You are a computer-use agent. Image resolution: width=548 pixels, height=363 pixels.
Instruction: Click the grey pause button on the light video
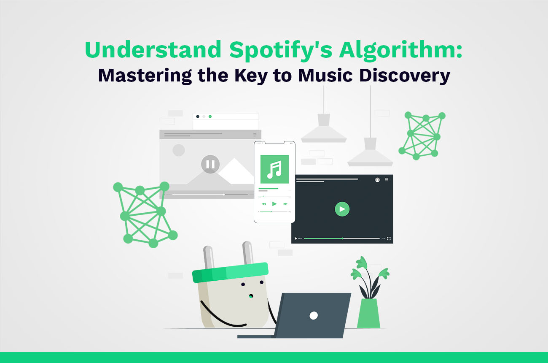(x=210, y=164)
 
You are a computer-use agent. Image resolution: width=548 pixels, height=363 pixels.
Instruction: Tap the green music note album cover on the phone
(x=274, y=169)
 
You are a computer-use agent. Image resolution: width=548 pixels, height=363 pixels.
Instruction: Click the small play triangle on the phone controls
(x=274, y=204)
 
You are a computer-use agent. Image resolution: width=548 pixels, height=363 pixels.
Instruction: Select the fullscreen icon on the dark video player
(x=389, y=238)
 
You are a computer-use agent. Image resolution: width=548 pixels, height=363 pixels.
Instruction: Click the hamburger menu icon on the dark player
(x=387, y=180)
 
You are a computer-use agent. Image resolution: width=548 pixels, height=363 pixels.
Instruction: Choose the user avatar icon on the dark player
(x=377, y=180)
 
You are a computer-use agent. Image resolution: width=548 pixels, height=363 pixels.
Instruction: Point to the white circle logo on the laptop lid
(x=313, y=315)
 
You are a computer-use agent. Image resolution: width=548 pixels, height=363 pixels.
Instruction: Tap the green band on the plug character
(x=230, y=273)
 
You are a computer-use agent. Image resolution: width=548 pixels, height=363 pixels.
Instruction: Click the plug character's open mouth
(x=250, y=296)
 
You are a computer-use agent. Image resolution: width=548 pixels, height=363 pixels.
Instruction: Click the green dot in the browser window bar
(x=210, y=116)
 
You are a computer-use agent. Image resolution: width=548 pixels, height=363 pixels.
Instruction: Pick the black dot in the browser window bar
(x=198, y=116)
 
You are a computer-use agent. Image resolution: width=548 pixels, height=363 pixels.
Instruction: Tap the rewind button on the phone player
(x=263, y=204)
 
